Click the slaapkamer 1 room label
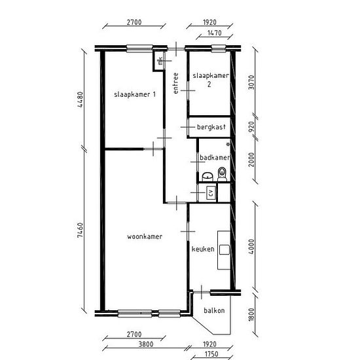pos(135,94)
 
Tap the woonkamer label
pos(145,236)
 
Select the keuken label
pos(203,249)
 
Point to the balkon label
pos(214,310)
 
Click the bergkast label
pos(211,127)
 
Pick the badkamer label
pos(215,158)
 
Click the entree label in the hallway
pos(175,83)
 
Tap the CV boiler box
pos(211,192)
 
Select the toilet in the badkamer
pos(222,174)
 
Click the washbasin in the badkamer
pos(207,177)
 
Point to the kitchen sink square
pos(225,249)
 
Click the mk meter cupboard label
pos(160,61)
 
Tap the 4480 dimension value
pos(80,99)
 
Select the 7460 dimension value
pos(80,230)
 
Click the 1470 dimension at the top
pos(215,33)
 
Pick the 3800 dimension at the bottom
pos(146,344)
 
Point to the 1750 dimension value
pos(211,354)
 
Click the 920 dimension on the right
pos(251,127)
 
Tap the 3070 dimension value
pos(251,82)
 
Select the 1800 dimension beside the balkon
pos(251,315)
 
